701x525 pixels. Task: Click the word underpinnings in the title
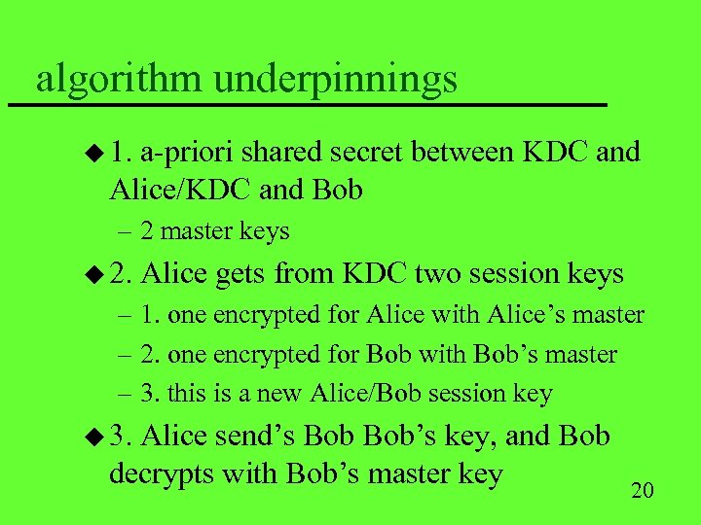(x=335, y=78)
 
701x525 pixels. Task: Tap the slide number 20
(x=643, y=489)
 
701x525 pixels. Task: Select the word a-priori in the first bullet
(x=188, y=153)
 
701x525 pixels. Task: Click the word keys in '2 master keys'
(x=267, y=231)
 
